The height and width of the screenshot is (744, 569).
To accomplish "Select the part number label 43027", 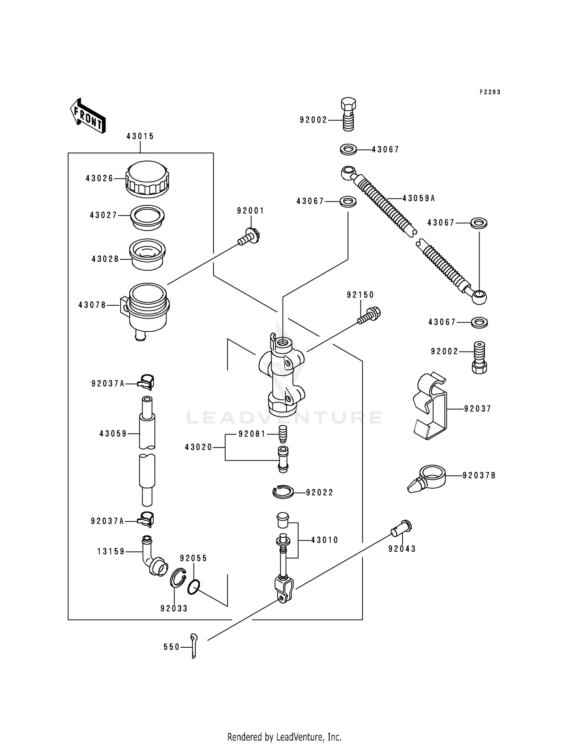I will click(x=103, y=215).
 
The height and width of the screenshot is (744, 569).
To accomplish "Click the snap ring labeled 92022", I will click(x=283, y=492).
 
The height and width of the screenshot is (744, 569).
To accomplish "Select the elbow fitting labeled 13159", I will click(x=152, y=557).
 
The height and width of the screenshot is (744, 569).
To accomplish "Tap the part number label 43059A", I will click(x=418, y=198).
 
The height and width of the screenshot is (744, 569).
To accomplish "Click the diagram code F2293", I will click(x=490, y=92).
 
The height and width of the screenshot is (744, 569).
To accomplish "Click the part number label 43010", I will click(x=324, y=540).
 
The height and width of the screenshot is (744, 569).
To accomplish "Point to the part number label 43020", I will click(x=198, y=447).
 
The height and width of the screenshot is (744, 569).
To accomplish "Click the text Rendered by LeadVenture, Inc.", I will click(x=284, y=737).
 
